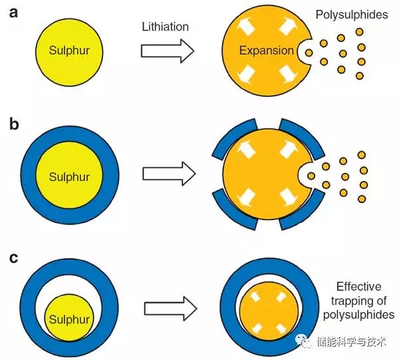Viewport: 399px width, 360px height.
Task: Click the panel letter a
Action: (13, 14)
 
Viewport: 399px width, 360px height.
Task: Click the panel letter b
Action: (13, 124)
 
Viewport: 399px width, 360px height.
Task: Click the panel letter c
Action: (13, 255)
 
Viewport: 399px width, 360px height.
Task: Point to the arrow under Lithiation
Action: (167, 50)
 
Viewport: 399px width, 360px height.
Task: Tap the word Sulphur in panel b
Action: (69, 177)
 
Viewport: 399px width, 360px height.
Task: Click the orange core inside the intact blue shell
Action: (269, 312)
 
